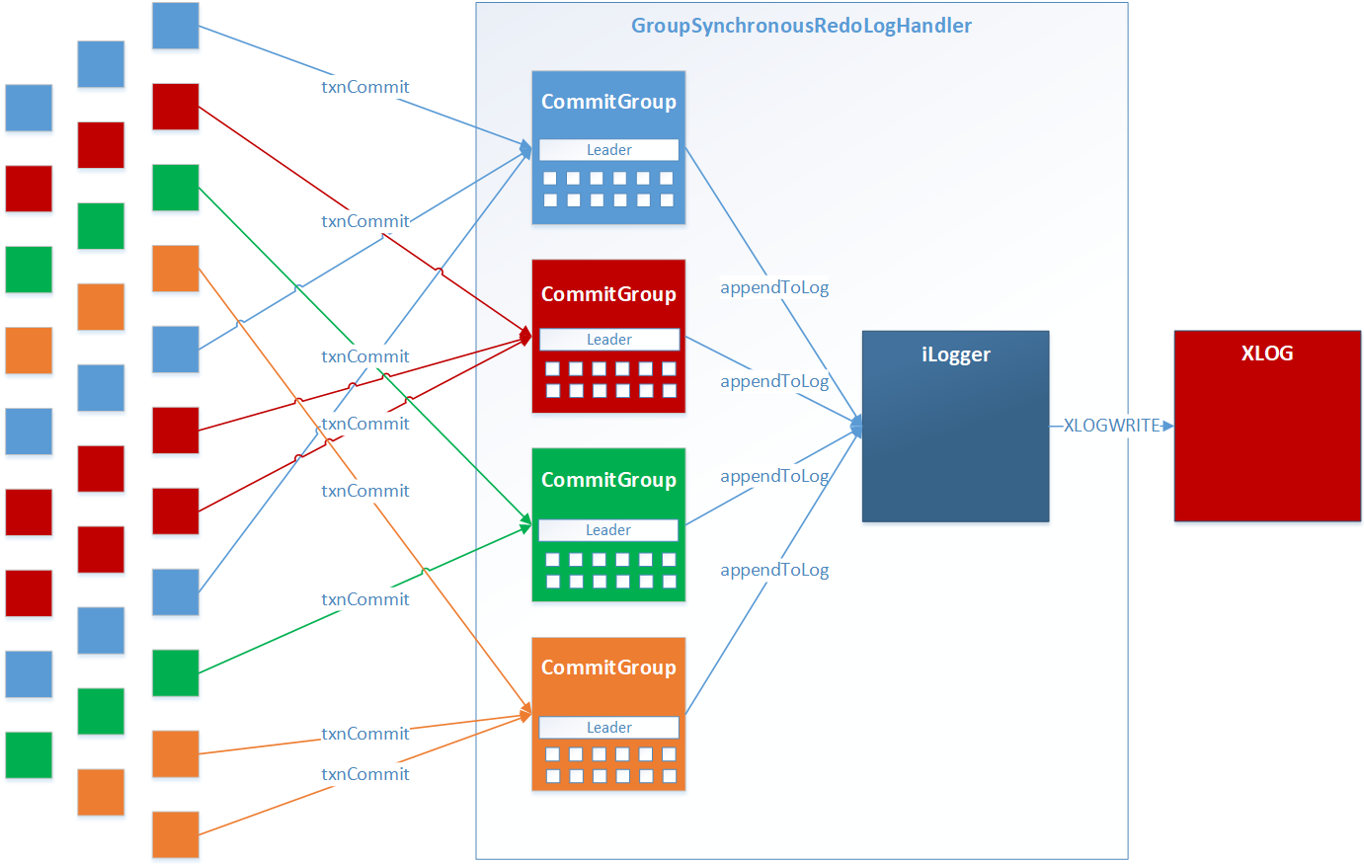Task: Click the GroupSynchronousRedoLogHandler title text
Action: (801, 26)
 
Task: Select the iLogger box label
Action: (955, 354)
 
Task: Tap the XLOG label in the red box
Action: (1266, 353)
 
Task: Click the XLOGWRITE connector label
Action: (1111, 426)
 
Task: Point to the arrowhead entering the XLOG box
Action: (1167, 426)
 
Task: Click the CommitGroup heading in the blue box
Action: (608, 102)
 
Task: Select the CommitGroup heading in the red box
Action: (608, 294)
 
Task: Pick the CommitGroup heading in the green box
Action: (608, 480)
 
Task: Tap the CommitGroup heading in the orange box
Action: (608, 668)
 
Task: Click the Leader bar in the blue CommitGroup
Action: (608, 150)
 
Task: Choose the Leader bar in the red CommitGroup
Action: (608, 340)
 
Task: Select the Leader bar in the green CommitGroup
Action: (608, 530)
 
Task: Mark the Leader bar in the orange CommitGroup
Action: (608, 728)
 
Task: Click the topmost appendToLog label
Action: (774, 287)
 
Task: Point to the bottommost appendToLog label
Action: (774, 570)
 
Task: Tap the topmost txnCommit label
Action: (364, 87)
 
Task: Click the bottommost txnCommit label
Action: (364, 774)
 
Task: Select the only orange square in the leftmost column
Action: (29, 351)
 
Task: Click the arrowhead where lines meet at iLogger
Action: (856, 427)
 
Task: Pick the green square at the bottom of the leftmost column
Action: (29, 755)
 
